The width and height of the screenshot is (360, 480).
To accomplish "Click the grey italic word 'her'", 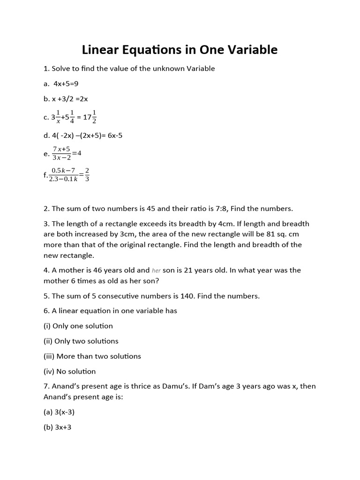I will pyautogui.click(x=157, y=270).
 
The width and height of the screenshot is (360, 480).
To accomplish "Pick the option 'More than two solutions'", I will pyautogui.click(x=98, y=356).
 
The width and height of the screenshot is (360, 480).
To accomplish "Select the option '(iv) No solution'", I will pyautogui.click(x=69, y=371).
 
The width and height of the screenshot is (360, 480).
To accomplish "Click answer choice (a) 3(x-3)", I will pyautogui.click(x=59, y=412).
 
